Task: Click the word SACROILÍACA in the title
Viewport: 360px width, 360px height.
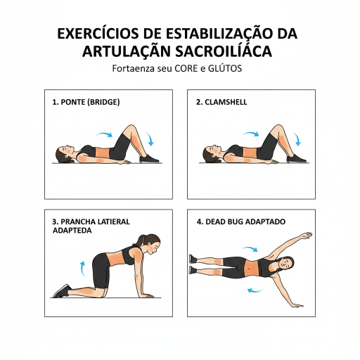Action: pos(224,51)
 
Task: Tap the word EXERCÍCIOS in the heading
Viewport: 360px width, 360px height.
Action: pos(98,34)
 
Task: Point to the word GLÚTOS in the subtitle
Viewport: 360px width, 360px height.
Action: pos(225,68)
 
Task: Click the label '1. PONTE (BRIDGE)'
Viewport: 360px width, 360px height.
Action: pos(86,102)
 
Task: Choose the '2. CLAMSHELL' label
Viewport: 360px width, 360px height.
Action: pos(221,102)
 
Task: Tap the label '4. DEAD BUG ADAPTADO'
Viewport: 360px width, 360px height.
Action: pos(241,221)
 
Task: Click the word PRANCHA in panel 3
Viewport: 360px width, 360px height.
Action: pos(77,221)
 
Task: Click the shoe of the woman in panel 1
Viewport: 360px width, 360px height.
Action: pos(149,159)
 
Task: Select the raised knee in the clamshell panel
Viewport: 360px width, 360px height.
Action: pos(278,129)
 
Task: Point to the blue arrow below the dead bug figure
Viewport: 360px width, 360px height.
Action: pos(255,291)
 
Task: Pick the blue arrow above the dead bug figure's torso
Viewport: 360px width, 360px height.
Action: pos(250,249)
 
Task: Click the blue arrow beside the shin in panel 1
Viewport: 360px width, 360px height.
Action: pos(150,139)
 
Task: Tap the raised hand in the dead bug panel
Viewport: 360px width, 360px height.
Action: pos(306,236)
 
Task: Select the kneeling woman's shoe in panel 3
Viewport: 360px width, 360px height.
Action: pos(62,291)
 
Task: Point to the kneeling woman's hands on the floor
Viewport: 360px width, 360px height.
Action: pos(146,295)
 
